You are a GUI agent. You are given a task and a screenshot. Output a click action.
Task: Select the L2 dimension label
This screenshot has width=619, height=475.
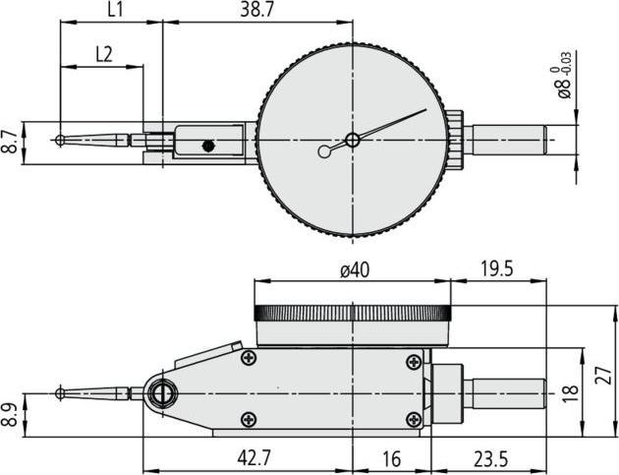click(x=102, y=55)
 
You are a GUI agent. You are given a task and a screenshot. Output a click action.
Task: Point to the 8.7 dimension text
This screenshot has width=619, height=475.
click(x=10, y=142)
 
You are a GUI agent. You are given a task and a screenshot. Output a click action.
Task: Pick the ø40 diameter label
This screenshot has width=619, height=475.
click(x=352, y=271)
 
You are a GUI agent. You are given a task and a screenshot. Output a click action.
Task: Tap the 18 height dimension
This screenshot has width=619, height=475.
click(x=571, y=391)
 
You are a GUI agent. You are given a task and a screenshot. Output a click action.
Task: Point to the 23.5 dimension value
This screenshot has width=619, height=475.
click(x=486, y=458)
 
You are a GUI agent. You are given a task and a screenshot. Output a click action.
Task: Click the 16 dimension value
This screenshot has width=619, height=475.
click(x=390, y=458)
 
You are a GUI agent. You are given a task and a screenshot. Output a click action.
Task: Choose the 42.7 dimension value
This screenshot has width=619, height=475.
click(x=248, y=458)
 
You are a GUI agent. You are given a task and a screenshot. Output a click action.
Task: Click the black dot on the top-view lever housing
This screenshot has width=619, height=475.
click(x=207, y=147)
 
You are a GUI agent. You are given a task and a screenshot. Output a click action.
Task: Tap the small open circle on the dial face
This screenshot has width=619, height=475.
click(x=325, y=151)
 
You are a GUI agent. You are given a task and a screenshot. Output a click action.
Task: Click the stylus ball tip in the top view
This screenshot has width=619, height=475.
click(x=61, y=141)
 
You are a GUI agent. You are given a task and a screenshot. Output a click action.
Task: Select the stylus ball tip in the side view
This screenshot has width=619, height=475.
click(x=61, y=393)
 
